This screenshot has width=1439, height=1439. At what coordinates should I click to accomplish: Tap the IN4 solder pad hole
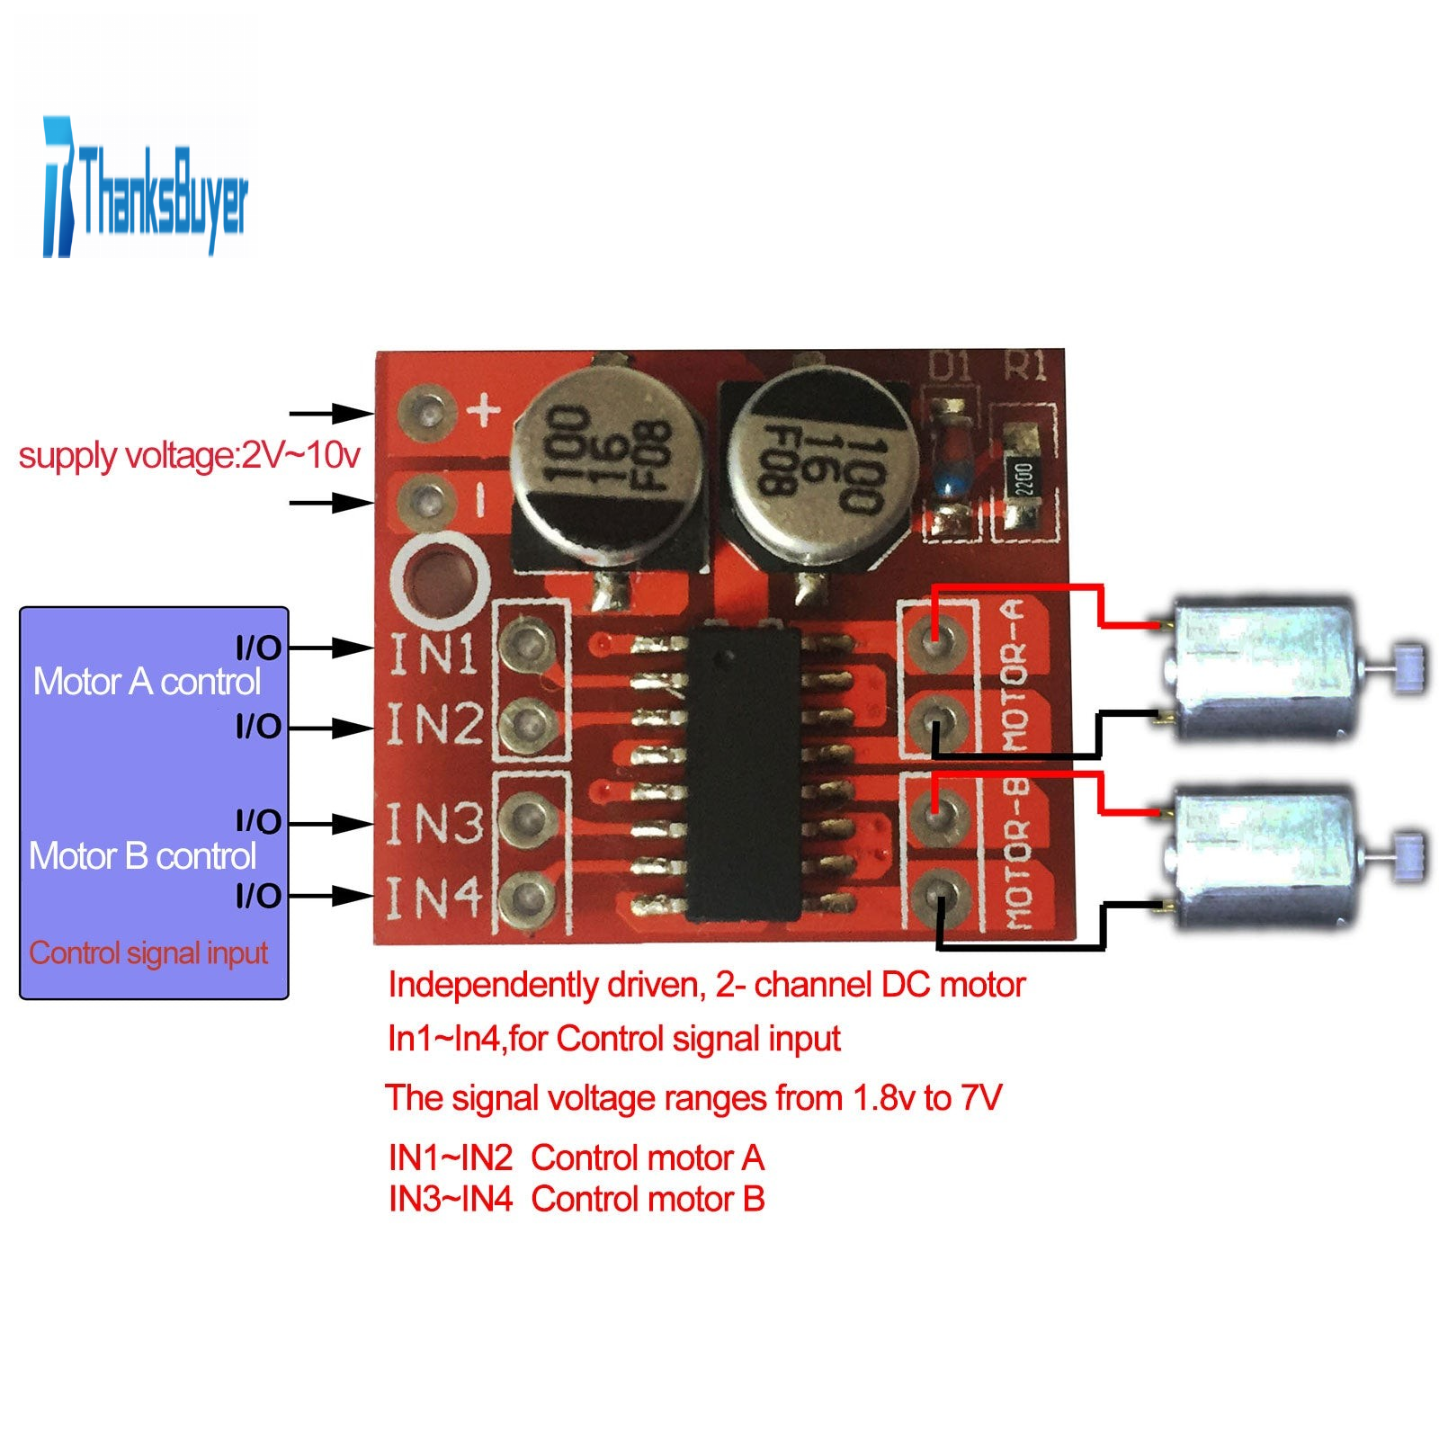coord(526,897)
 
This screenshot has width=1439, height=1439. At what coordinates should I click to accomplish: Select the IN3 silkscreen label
coord(434,823)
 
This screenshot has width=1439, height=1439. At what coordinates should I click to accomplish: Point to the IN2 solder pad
coord(526,722)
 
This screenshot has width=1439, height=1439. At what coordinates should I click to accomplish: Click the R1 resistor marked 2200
coord(1023,477)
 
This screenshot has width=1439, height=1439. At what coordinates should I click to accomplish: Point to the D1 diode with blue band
coord(950,470)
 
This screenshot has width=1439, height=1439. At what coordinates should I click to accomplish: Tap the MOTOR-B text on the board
coord(1016,854)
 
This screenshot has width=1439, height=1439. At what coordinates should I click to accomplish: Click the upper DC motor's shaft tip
coord(1409,667)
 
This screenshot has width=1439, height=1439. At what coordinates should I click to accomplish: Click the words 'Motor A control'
coord(147,682)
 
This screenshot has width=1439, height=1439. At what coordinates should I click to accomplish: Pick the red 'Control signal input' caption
coord(148,952)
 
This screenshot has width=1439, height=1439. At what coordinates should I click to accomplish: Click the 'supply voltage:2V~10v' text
coord(189,456)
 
